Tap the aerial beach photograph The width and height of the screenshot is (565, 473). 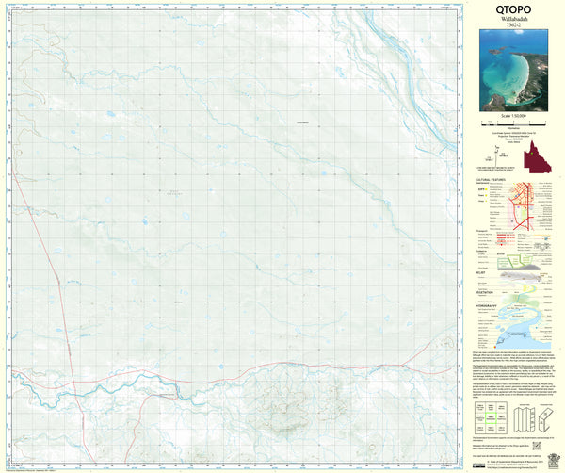[x=512, y=69]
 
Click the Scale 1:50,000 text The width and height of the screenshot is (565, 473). [x=512, y=115]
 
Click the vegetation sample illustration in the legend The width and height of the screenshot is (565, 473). [x=523, y=295]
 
